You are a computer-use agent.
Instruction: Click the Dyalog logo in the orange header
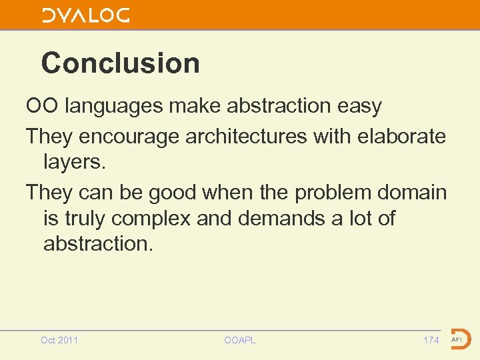(86, 15)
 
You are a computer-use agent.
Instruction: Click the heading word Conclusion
(120, 63)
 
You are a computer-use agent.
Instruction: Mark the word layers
(74, 161)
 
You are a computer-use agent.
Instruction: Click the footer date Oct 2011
(59, 340)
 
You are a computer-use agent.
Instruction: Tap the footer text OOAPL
(239, 340)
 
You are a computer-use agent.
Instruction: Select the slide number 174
(431, 340)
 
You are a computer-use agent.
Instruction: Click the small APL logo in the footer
(459, 339)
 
